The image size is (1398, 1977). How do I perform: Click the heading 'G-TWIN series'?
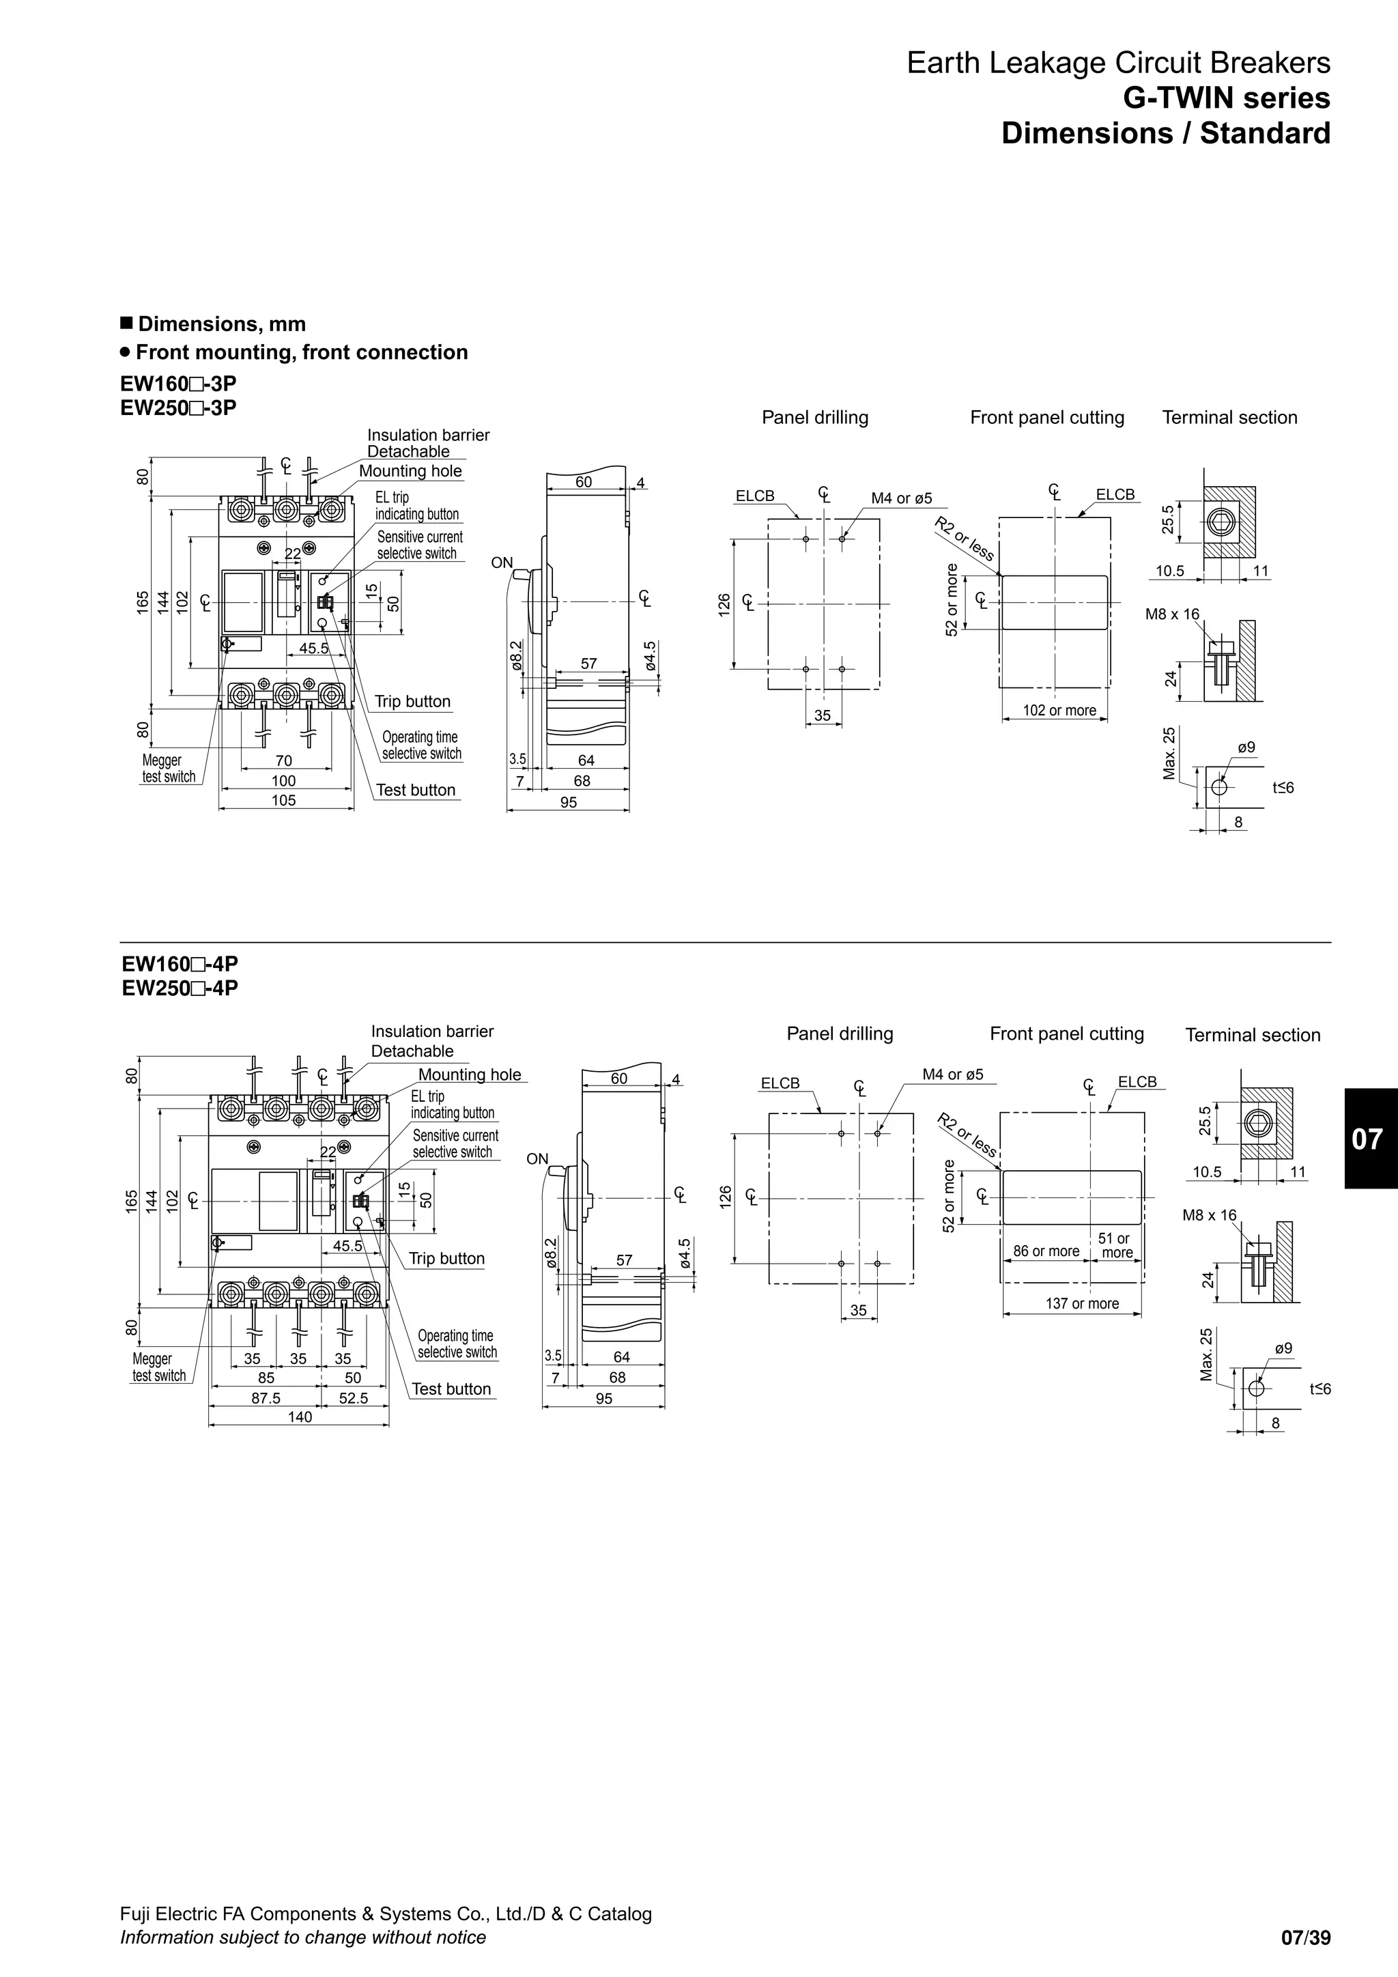pos(1226,98)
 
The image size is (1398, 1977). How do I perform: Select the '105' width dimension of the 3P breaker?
pos(283,801)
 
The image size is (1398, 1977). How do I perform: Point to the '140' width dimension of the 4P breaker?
pos(300,1417)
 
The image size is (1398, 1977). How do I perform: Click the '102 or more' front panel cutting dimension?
pos(1059,711)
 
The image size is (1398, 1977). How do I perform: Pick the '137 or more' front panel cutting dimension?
pos(1082,1304)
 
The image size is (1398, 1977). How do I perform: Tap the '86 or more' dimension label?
pos(1046,1251)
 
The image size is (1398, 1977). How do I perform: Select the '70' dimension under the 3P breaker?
pos(283,761)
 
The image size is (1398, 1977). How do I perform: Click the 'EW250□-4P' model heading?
pos(180,988)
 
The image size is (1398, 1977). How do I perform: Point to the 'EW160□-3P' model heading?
pos(178,383)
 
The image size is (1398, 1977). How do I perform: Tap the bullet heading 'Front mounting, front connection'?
pos(301,352)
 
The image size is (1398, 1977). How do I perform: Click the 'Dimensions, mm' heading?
pos(221,324)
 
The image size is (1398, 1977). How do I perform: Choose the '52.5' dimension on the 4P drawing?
pos(353,1398)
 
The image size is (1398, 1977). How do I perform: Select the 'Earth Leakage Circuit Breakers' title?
pos(1118,63)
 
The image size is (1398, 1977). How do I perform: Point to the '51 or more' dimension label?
pos(1115,1246)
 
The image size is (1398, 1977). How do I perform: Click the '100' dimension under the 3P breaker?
pos(283,781)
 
